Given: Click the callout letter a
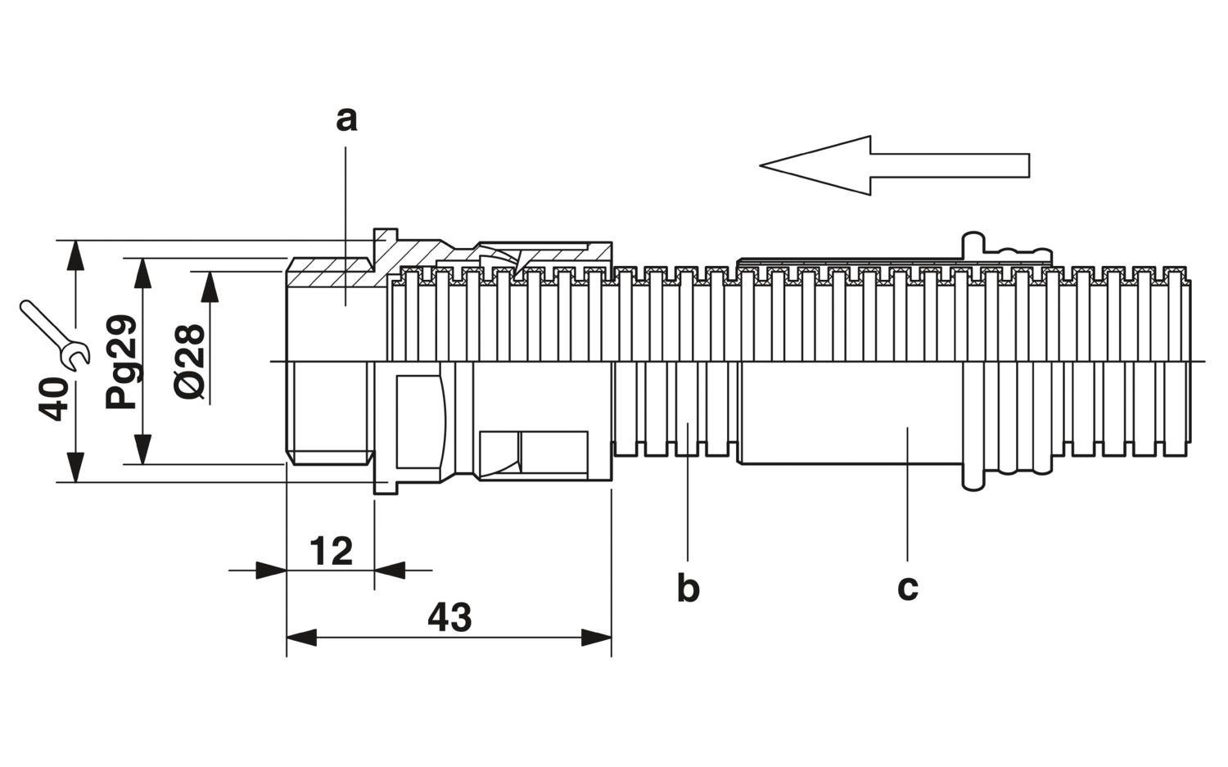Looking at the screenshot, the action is point(346,120).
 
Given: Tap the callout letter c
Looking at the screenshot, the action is point(908,589).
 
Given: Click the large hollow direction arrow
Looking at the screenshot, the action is point(895,165).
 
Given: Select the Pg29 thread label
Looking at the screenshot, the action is point(122,362).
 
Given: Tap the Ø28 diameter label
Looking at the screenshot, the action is point(190,362).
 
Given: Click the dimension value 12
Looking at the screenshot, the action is point(331,551).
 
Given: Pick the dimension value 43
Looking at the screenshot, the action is point(449,617).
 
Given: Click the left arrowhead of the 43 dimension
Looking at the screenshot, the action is point(301,638).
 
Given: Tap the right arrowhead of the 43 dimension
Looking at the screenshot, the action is point(597,638).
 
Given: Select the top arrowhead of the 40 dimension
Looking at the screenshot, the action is point(75,255).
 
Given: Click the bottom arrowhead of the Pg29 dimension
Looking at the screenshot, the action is point(143,449).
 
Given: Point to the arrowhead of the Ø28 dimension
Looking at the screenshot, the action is point(210,286).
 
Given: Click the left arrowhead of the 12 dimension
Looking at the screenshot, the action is point(271,571).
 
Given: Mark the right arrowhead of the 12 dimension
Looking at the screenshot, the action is point(389,571).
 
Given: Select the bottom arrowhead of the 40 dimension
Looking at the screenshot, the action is point(75,467).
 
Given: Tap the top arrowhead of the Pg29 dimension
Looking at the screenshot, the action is point(143,273).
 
